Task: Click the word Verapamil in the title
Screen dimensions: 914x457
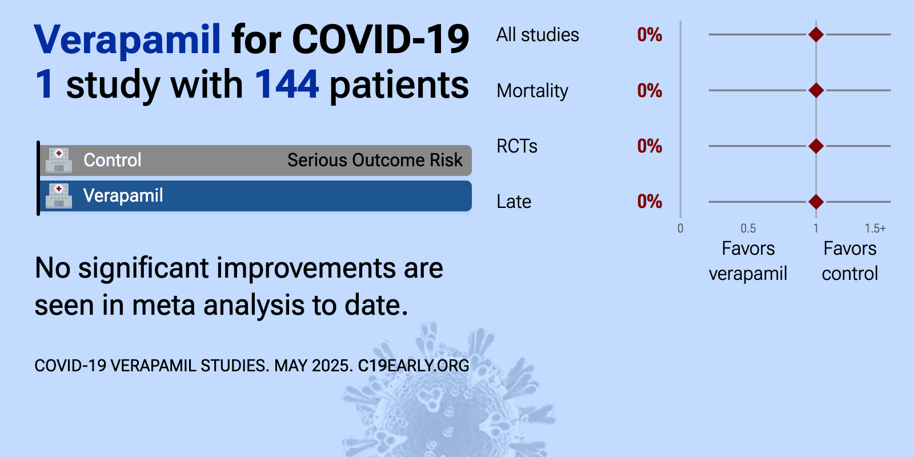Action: (x=127, y=40)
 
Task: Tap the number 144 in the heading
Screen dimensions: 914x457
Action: (x=286, y=85)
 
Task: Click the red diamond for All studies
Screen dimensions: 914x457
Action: (x=816, y=35)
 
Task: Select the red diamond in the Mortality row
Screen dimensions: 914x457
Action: (x=816, y=90)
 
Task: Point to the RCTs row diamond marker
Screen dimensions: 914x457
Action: (x=816, y=146)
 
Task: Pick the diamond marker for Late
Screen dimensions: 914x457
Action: (x=816, y=202)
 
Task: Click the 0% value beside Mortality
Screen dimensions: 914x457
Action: (x=650, y=90)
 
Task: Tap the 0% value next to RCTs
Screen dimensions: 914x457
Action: (x=650, y=146)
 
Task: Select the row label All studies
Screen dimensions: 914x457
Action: (x=538, y=35)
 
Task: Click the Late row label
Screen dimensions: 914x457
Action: (x=514, y=202)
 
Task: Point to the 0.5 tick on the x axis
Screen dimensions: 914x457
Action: (x=748, y=228)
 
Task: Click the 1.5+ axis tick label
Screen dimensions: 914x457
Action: (x=875, y=228)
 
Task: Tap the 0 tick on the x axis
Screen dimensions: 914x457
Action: (x=680, y=228)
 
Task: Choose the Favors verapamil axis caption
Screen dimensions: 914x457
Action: (x=748, y=260)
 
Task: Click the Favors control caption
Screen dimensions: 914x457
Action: (x=850, y=260)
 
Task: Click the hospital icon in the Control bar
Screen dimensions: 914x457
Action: (x=59, y=160)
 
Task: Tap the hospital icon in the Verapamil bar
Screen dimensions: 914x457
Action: (x=59, y=195)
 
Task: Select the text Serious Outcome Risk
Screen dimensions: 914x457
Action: (x=375, y=160)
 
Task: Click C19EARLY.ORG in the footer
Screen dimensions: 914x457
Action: (x=414, y=366)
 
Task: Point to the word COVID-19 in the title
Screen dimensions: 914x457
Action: (x=380, y=40)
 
